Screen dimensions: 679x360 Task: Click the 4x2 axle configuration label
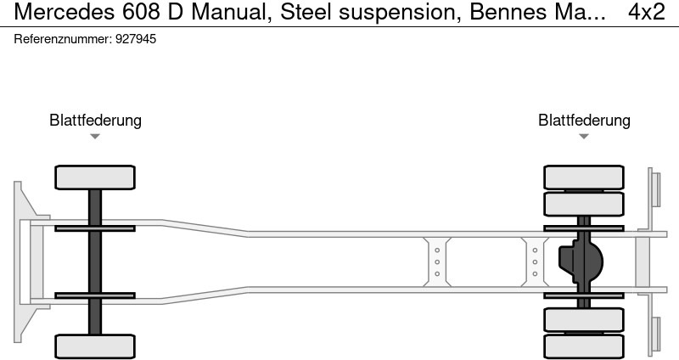647,12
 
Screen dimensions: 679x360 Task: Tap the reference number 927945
136,39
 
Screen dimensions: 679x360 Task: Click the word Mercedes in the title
65,12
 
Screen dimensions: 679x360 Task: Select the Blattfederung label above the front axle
95,120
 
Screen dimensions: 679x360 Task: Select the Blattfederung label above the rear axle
584,120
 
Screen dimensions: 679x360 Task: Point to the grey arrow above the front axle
95,137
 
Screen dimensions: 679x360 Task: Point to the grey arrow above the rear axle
584,137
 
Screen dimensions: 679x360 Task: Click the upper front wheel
95,177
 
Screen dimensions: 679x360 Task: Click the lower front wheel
95,346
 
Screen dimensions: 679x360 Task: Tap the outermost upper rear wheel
584,177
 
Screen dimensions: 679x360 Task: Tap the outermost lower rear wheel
584,346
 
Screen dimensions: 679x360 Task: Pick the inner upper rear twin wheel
584,204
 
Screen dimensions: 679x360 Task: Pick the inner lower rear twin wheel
584,320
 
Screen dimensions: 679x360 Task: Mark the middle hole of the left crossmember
437,262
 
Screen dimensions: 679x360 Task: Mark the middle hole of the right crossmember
535,262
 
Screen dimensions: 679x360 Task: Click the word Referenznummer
63,39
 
